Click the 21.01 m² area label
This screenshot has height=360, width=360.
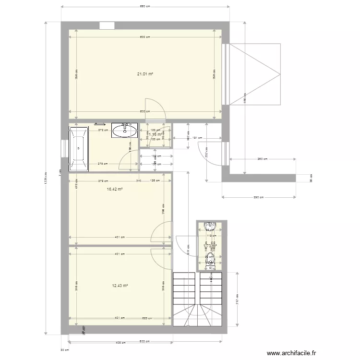145,74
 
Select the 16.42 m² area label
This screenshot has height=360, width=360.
115,190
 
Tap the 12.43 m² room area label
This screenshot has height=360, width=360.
120,286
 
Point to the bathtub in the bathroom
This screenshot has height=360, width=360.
79,149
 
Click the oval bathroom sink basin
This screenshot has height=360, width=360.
125,130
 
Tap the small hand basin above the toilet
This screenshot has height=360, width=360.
210,225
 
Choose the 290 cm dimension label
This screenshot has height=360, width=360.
259,197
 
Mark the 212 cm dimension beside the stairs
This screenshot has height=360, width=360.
238,298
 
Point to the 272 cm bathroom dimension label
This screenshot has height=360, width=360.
102,130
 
